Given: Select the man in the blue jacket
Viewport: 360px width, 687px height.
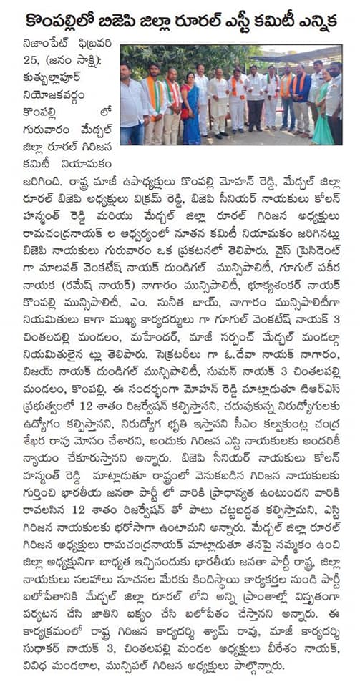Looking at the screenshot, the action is [x=301, y=100].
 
